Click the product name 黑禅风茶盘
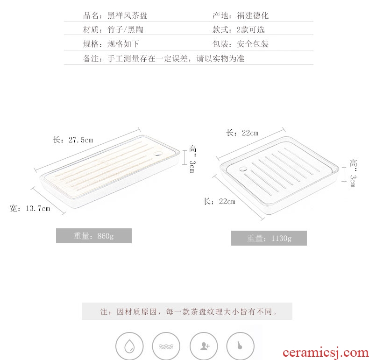click(127, 15)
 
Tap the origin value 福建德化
click(253, 15)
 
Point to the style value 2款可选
click(251, 30)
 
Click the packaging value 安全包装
click(253, 44)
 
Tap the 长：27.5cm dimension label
click(73, 140)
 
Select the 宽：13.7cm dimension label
click(30, 208)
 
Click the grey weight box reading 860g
click(93, 236)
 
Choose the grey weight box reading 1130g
click(269, 238)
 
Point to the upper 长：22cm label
click(242, 133)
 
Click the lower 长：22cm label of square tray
click(220, 202)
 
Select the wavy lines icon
click(166, 346)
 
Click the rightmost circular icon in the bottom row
click(240, 346)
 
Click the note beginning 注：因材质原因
click(187, 311)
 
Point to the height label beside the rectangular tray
click(192, 159)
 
